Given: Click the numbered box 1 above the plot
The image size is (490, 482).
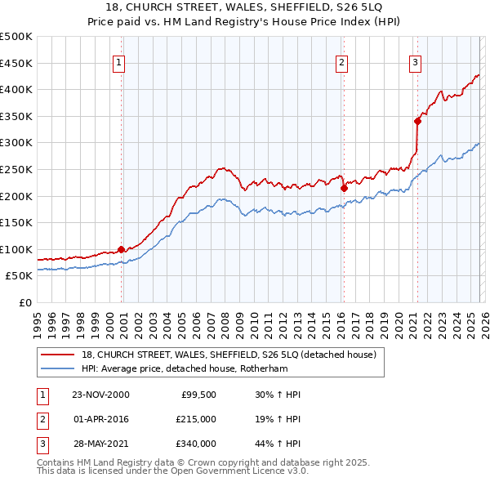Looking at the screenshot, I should coord(119,61).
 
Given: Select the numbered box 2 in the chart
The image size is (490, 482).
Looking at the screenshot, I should coord(341,61).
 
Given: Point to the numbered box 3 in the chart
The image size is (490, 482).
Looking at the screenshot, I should coord(415,61).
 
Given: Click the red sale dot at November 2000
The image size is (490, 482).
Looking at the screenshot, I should coord(122,249).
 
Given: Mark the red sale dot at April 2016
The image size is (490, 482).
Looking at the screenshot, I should coord(344,188).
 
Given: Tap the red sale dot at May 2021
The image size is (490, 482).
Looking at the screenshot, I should coord(417,121).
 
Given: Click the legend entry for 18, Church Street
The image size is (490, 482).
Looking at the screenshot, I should coord(229,355).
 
